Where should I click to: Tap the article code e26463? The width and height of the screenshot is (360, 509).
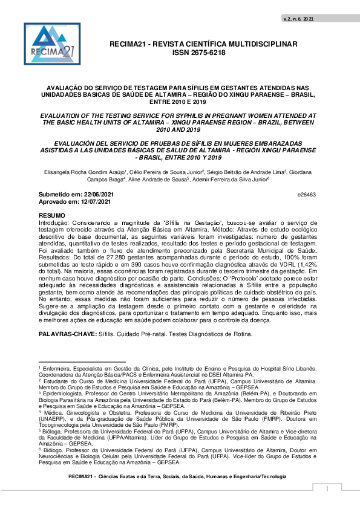tap(307, 195)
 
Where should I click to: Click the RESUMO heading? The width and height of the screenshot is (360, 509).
tap(51, 215)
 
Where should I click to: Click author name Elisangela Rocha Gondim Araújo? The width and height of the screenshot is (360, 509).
tap(79, 172)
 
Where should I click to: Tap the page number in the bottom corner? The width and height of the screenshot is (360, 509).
tap(327, 488)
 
